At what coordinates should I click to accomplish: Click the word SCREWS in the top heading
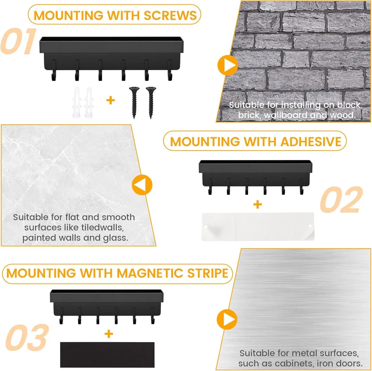tap(170, 15)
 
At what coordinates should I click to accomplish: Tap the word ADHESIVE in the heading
tap(311, 142)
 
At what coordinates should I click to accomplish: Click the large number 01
tap(19, 41)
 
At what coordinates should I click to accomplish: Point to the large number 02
tap(341, 199)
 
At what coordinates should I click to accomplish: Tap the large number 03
tap(27, 338)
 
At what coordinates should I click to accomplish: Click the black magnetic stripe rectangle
tap(107, 355)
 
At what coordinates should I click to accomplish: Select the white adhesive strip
tap(258, 227)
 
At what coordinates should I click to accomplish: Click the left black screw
tap(134, 102)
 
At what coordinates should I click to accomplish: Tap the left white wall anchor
tap(77, 102)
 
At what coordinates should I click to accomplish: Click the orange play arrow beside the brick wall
tap(228, 65)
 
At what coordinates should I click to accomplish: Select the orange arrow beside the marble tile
tap(142, 185)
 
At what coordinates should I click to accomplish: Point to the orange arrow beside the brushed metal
tap(227, 319)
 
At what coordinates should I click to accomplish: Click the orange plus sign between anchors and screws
tap(111, 100)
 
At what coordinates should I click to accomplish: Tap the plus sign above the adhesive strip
tap(257, 204)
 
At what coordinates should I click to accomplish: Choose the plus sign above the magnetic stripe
tap(109, 334)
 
